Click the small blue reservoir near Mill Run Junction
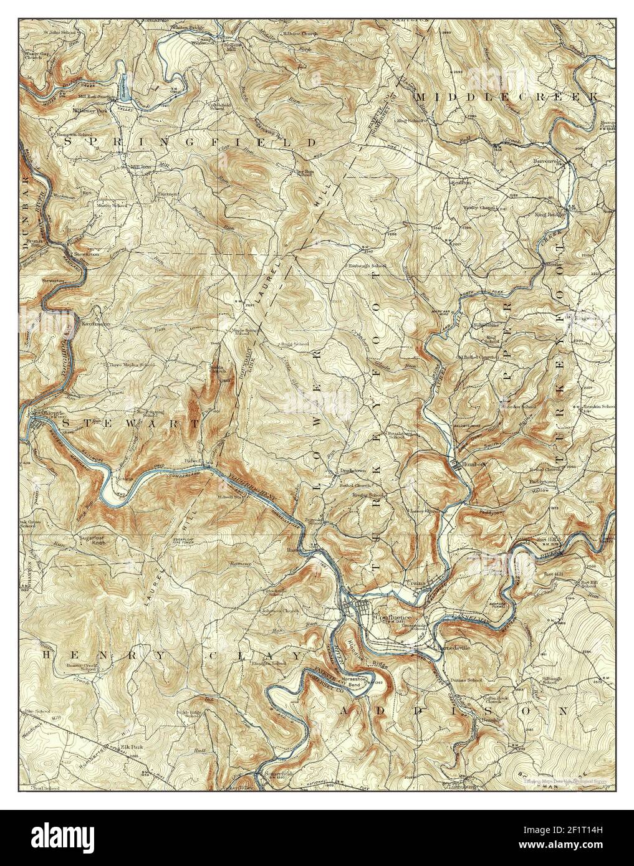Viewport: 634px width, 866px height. pyautogui.click(x=125, y=87)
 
